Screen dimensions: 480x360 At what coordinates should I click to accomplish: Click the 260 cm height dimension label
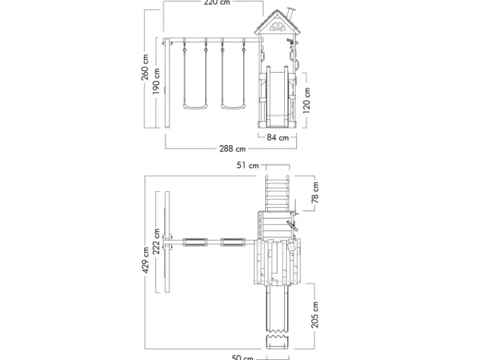[x=145, y=67]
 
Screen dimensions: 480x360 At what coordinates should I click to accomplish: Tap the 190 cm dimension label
[x=156, y=81]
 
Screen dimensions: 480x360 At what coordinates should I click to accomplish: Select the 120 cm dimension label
[x=307, y=100]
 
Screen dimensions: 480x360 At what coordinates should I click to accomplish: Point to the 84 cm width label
[x=278, y=137]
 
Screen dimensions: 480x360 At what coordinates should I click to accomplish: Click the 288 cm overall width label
[x=232, y=149]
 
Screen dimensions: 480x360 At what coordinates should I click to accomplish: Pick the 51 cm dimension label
[x=248, y=166]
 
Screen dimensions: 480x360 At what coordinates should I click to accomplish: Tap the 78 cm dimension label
[x=315, y=193]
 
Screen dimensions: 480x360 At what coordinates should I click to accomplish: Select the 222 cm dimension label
[x=156, y=241]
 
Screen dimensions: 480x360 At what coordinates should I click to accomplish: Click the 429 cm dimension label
[x=145, y=260]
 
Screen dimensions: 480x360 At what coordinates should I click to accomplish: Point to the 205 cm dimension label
[x=315, y=314]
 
